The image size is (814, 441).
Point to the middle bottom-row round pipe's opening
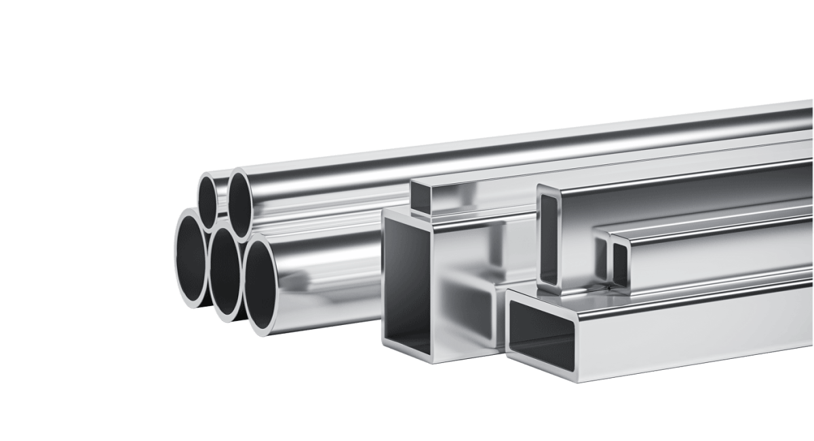tap(224, 275)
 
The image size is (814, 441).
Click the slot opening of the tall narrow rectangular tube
tap(549, 237)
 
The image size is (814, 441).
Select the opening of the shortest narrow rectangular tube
tap(619, 262)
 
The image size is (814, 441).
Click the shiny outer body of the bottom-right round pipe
tap(326, 285)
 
